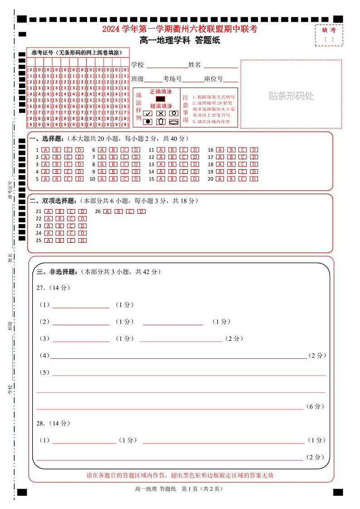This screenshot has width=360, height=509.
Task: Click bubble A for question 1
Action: [46, 150]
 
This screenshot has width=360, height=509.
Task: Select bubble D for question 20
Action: [254, 179]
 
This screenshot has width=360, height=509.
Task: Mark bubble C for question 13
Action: [184, 164]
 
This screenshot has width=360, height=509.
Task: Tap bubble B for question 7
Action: [113, 157]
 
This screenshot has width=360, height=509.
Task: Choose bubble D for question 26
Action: [141, 211]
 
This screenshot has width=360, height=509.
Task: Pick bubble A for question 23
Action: [48, 226]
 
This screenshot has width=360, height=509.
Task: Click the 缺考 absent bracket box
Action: [329, 39]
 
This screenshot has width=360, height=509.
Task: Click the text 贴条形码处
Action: [291, 96]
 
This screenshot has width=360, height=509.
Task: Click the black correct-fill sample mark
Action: [161, 98]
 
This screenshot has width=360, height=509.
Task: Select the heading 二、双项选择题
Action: [52, 201]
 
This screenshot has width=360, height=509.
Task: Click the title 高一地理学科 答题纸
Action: [180, 40]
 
